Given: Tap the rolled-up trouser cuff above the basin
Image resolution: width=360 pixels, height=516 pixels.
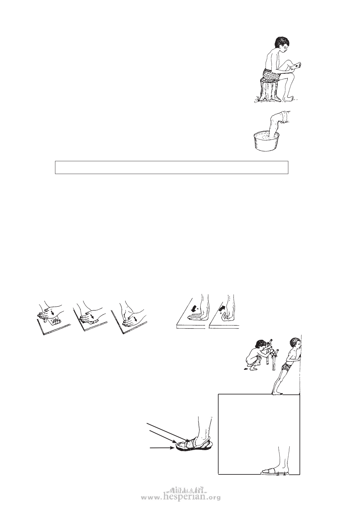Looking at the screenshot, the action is (284, 118).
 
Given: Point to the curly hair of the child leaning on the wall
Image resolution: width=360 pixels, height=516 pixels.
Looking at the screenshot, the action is (295, 341).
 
